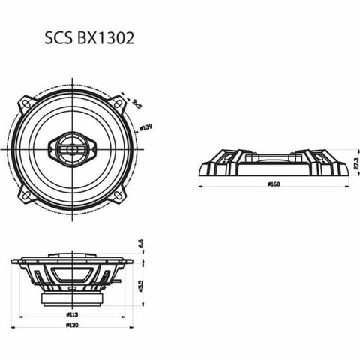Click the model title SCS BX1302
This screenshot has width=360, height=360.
click(89, 39)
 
